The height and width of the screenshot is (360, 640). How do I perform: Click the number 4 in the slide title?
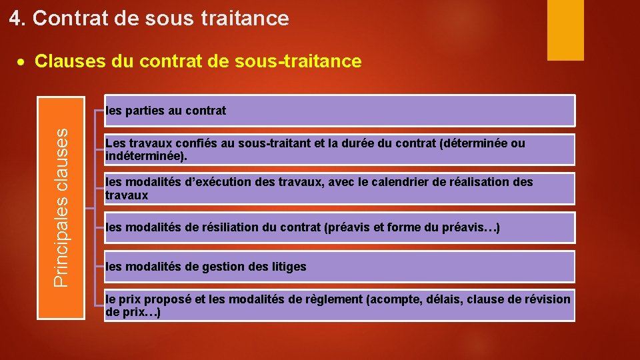coord(15,19)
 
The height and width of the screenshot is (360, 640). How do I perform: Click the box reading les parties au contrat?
coord(339,111)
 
